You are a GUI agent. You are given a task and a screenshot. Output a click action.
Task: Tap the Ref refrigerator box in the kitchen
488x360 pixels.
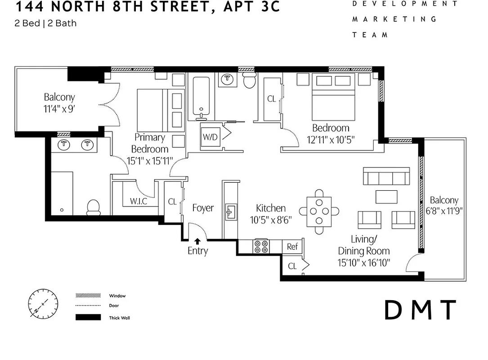(x=292, y=247)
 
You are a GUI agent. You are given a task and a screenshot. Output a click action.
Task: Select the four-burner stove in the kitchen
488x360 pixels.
(x=261, y=246)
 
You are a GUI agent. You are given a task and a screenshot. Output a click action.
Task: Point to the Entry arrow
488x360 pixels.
(x=197, y=242)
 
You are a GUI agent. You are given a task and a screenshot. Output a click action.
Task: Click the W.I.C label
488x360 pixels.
(x=139, y=201)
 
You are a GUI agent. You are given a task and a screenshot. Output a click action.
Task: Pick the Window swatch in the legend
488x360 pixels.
(x=88, y=296)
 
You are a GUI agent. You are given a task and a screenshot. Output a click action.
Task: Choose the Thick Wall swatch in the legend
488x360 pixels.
(x=88, y=318)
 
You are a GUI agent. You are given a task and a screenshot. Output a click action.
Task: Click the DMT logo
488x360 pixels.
(x=421, y=310)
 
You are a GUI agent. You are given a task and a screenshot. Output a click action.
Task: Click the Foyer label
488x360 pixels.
(x=203, y=208)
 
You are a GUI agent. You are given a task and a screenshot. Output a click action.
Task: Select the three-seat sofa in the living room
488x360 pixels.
(x=386, y=177)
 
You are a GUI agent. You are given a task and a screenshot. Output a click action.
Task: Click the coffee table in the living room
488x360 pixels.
(x=386, y=197)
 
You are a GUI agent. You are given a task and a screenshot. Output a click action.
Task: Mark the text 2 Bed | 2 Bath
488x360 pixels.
(x=45, y=23)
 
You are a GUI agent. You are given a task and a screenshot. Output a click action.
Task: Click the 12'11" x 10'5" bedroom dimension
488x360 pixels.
(x=331, y=139)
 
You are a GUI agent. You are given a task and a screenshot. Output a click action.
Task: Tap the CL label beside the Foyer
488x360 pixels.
(x=172, y=202)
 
